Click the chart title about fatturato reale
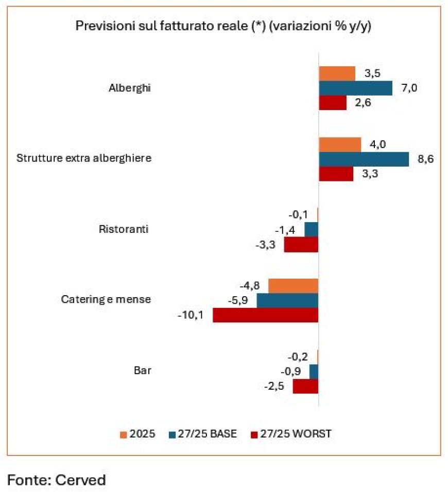coord(223,26)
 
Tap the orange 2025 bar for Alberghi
coord(337,74)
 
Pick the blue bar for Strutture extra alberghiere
coord(364,159)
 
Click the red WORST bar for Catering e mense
coord(265,315)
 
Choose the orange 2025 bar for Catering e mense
coord(293,286)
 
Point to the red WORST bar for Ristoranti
coord(301,245)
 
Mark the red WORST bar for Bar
coord(305,387)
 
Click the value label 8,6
coord(425,159)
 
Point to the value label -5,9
coord(239,300)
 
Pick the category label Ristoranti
coord(124,229)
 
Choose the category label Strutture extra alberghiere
coord(84,158)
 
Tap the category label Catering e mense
coord(106,299)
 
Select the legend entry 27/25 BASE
coord(208,434)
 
